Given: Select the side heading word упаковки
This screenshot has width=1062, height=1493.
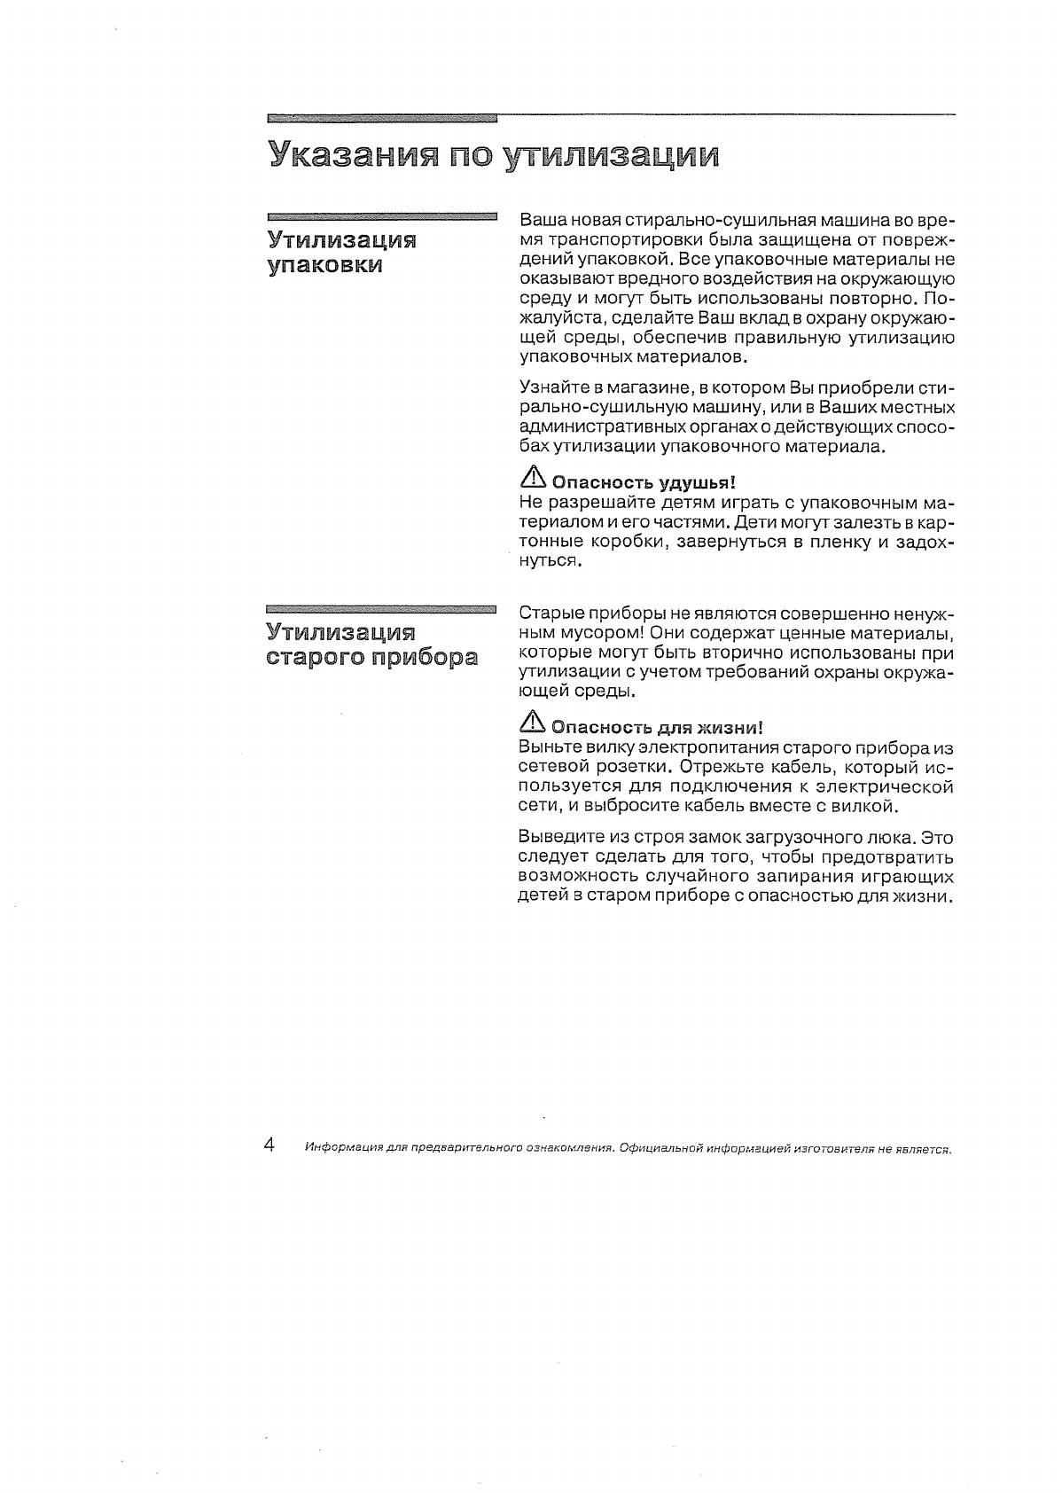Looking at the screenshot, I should pos(324,265).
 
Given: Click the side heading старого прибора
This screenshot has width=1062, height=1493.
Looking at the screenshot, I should pos(371,658).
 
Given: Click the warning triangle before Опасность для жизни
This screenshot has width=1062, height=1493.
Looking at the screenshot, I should pos(532,724).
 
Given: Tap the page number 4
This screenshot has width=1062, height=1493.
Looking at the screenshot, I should pos(269,1144).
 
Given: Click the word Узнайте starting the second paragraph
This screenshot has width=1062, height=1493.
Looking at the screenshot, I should pos(551,388).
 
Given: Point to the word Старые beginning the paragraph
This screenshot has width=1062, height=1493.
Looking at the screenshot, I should pos(548,614).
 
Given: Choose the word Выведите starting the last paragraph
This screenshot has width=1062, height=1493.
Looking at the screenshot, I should pos(560,837).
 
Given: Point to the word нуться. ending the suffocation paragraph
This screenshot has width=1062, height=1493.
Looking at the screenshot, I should pos(550,560).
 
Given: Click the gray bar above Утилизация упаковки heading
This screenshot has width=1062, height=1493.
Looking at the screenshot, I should pos(381,215).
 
